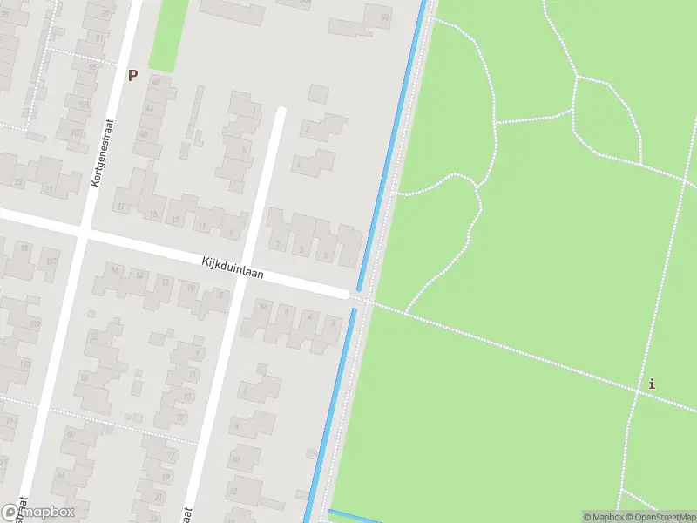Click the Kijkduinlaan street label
pyautogui.click(x=231, y=267)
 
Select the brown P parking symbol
pyautogui.click(x=132, y=76)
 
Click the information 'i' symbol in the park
pyautogui.click(x=652, y=384)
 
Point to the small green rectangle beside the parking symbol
pyautogui.click(x=168, y=35)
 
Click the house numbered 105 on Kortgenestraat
pyautogui.click(x=83, y=105)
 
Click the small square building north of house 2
pyautogui.click(x=318, y=93)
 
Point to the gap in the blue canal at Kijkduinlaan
pyautogui.click(x=355, y=299)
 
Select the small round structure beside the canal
pyautogui.click(x=311, y=452)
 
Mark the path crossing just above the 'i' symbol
pyautogui.click(x=639, y=391)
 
